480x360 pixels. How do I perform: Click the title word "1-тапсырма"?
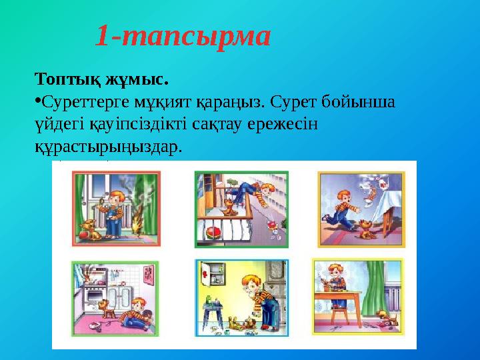point(183,36)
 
